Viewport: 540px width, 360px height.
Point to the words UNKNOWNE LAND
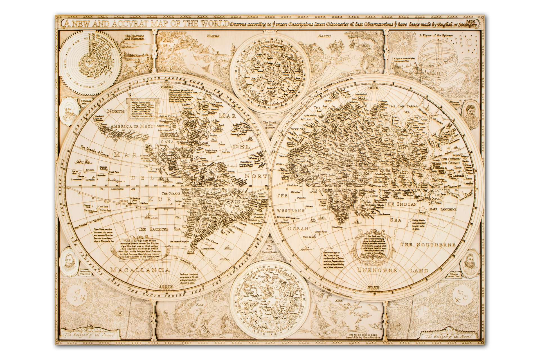(393, 271)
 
